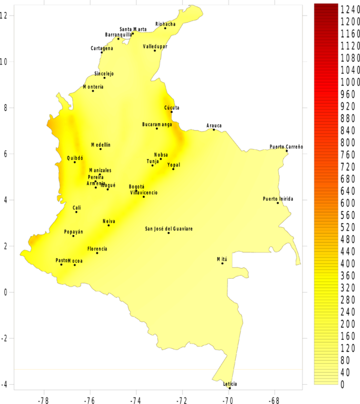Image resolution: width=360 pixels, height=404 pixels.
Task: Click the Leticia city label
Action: pyautogui.click(x=230, y=384)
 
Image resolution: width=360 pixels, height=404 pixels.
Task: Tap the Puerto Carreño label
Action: pyautogui.click(x=286, y=147)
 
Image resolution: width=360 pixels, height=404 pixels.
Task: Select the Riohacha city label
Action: pyautogui.click(x=165, y=24)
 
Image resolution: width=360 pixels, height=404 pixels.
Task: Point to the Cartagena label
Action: pyautogui.click(x=101, y=48)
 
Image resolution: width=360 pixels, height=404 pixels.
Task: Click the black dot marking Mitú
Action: pyautogui.click(x=222, y=263)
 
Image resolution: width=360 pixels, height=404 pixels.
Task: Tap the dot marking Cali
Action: pyautogui.click(x=76, y=212)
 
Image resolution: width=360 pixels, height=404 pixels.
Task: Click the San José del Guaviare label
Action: pyautogui.click(x=169, y=228)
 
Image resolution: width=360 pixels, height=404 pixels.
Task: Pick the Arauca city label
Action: pyautogui.click(x=214, y=125)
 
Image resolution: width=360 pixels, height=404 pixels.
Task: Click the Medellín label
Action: pyautogui.click(x=101, y=144)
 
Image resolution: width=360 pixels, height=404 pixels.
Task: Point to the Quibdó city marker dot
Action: pyautogui.click(x=75, y=162)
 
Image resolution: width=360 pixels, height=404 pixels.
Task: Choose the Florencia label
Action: pyautogui.click(x=97, y=249)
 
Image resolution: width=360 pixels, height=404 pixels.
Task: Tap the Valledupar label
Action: pyautogui.click(x=155, y=46)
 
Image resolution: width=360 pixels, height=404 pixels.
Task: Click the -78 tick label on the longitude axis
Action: pyautogui.click(x=43, y=399)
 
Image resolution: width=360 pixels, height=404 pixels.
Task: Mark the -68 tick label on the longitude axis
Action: pyautogui.click(x=274, y=399)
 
